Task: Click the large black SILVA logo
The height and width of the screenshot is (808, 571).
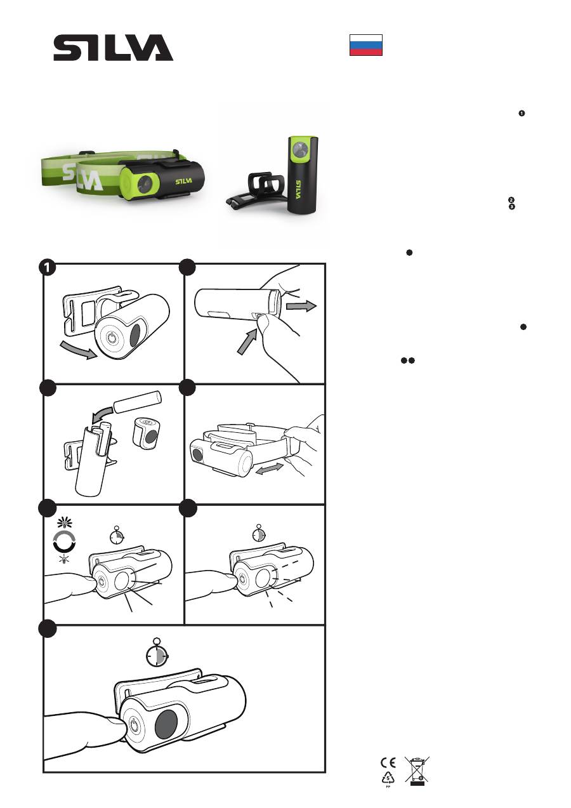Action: pyautogui.click(x=113, y=48)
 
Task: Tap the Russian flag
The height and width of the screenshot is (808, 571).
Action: pyautogui.click(x=366, y=45)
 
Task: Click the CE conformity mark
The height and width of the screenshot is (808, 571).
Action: pyautogui.click(x=388, y=762)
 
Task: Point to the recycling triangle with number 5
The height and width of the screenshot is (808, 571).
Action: pyautogui.click(x=388, y=778)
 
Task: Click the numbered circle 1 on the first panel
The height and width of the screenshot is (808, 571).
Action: pyautogui.click(x=47, y=268)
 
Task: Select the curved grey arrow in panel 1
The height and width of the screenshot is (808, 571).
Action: pyautogui.click(x=78, y=350)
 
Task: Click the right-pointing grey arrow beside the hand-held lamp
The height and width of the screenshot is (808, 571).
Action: pyautogui.click(x=301, y=306)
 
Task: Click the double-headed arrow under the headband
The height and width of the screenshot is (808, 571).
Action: pyautogui.click(x=269, y=469)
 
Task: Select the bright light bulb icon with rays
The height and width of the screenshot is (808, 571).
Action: pyautogui.click(x=65, y=522)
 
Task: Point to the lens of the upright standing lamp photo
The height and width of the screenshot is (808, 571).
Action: pyautogui.click(x=299, y=149)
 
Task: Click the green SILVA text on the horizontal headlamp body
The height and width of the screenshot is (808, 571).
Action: pyautogui.click(x=184, y=181)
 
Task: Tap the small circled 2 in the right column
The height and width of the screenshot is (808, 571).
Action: pyautogui.click(x=511, y=200)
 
